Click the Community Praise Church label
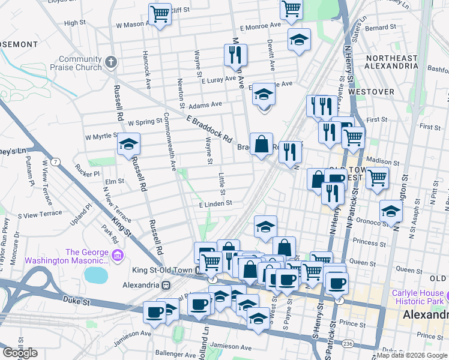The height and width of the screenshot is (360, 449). tap(80, 63)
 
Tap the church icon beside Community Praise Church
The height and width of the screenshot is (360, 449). tap(110, 62)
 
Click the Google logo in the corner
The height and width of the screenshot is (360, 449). tap(20, 353)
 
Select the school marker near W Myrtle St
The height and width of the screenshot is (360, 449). tap(128, 145)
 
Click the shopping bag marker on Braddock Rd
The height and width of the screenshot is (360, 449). tap(261, 145)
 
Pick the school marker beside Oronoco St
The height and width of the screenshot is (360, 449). tap(391, 212)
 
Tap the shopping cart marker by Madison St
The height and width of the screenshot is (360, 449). tap(377, 178)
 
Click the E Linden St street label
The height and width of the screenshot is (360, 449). tap(216, 204)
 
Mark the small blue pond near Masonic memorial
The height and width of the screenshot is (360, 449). tap(95, 275)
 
